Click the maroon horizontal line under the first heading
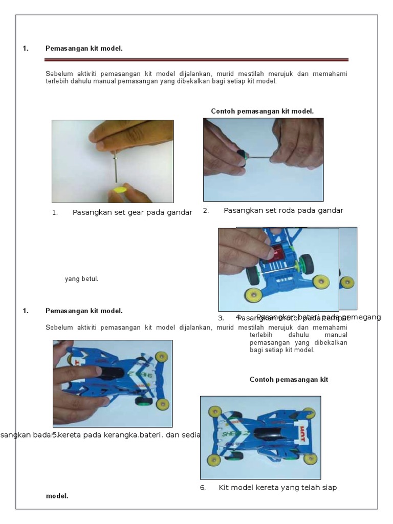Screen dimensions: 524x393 197,60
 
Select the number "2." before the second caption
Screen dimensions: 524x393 206,210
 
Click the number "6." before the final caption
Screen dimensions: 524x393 203,488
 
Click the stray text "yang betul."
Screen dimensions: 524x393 81,279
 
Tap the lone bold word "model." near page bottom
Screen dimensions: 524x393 57,496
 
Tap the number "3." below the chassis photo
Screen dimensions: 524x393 222,318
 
